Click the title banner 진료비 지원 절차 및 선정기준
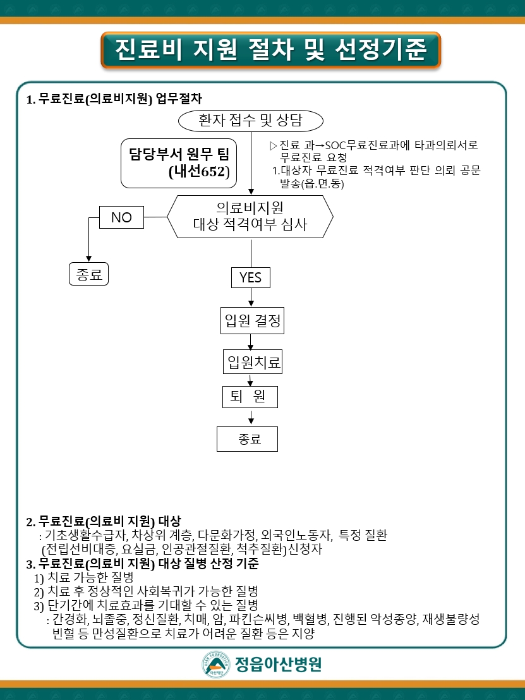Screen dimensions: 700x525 tap(270, 49)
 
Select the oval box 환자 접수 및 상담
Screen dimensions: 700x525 tap(251, 120)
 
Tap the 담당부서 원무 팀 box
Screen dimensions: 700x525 tap(179, 163)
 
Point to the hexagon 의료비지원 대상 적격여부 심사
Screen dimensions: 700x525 tap(250, 216)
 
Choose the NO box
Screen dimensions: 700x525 tap(121, 217)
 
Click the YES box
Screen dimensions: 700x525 tap(250, 277)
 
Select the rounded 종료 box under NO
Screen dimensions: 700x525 tap(88, 274)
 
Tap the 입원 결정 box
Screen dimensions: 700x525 tap(251, 321)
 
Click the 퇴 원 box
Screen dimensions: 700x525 tap(250, 397)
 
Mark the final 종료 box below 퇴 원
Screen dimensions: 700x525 tap(248, 439)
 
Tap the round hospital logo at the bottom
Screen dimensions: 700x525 tap(215, 665)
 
